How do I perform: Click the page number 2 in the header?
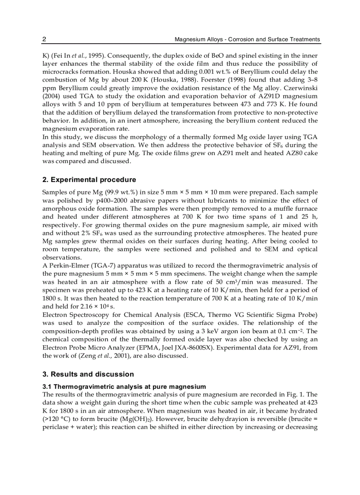[44, 39]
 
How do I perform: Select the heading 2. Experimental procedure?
[89, 179]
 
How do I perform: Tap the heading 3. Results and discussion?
[88, 374]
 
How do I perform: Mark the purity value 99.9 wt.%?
[109, 193]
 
